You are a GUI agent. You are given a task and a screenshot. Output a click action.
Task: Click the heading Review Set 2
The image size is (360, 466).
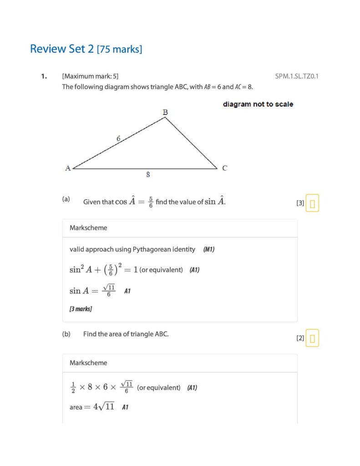(x=62, y=49)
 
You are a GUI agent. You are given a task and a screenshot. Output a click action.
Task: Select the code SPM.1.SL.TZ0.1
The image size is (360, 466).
(x=296, y=76)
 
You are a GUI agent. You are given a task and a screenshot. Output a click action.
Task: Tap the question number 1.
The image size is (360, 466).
(x=44, y=76)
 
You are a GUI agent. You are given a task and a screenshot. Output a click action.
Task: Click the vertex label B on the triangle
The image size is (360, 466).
(x=165, y=112)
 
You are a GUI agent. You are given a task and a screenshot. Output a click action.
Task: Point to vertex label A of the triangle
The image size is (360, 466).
(x=68, y=168)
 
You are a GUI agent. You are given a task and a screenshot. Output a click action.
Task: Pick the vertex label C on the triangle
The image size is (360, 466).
(x=224, y=168)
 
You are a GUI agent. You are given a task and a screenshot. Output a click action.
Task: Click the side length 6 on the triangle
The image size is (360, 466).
(x=118, y=138)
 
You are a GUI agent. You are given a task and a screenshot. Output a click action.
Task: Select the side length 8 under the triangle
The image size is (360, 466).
(x=148, y=174)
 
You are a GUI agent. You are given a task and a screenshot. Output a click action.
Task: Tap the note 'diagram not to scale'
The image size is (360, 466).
(x=258, y=104)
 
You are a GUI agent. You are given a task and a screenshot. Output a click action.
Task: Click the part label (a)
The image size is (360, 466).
(x=66, y=199)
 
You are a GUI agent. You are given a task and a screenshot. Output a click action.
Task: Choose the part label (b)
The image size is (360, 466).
(x=66, y=334)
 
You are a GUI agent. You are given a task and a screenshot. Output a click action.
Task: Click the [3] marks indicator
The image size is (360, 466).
(x=300, y=203)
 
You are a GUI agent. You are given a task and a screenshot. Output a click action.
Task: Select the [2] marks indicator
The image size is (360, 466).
(x=300, y=338)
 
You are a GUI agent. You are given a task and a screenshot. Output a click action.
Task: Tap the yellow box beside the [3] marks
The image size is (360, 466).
(x=312, y=203)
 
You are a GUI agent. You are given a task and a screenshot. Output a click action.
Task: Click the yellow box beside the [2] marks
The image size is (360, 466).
(x=312, y=338)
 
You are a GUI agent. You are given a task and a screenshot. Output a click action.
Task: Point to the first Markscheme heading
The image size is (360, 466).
(x=88, y=228)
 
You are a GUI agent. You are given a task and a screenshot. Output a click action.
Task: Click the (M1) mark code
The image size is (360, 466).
(x=209, y=249)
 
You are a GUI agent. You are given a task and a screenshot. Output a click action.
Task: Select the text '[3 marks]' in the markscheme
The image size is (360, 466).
(x=81, y=309)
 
